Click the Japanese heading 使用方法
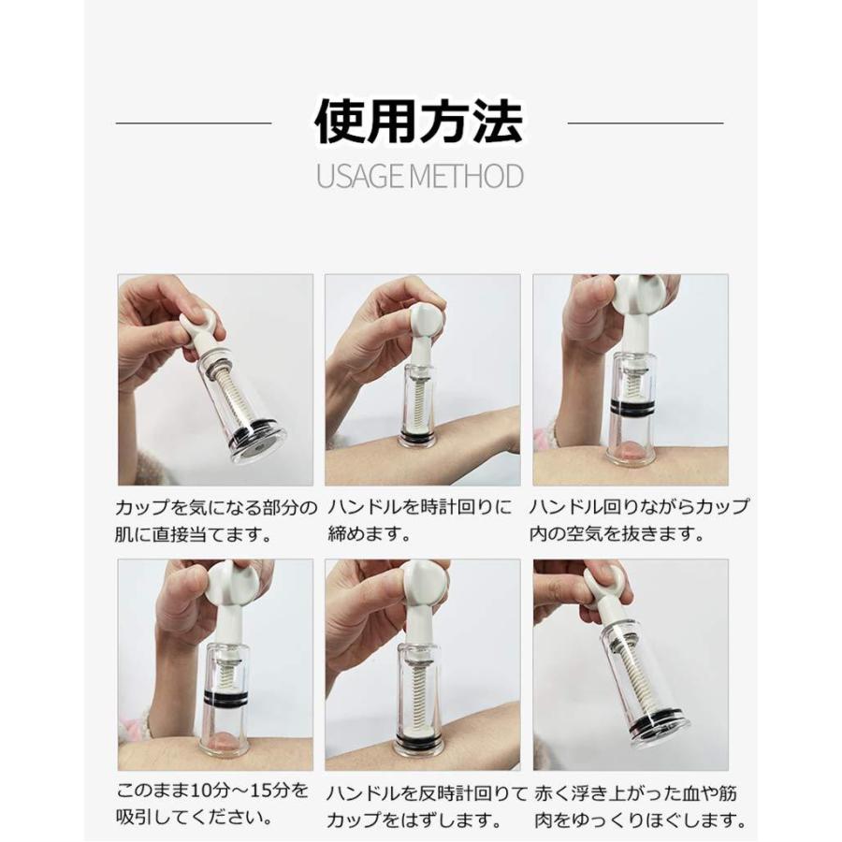coord(419,122)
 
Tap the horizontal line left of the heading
coord(193,123)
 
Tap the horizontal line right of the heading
coord(646,123)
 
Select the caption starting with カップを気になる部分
coord(217,522)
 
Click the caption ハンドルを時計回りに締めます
coord(420,522)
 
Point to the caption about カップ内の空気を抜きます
coord(638,522)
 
